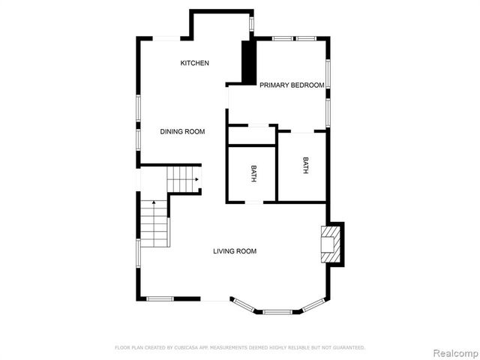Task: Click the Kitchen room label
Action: click(194, 63)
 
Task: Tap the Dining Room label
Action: click(182, 131)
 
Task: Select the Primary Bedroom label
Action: click(292, 85)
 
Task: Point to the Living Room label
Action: click(235, 251)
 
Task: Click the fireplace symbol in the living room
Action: click(329, 244)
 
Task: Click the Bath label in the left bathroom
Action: click(253, 174)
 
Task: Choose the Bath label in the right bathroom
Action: click(305, 165)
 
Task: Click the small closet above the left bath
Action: click(253, 135)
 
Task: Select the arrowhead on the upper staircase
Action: click(196, 179)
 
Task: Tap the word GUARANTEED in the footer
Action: click(349, 348)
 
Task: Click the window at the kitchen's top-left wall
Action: click(166, 38)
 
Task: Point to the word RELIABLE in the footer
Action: click(301, 348)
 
